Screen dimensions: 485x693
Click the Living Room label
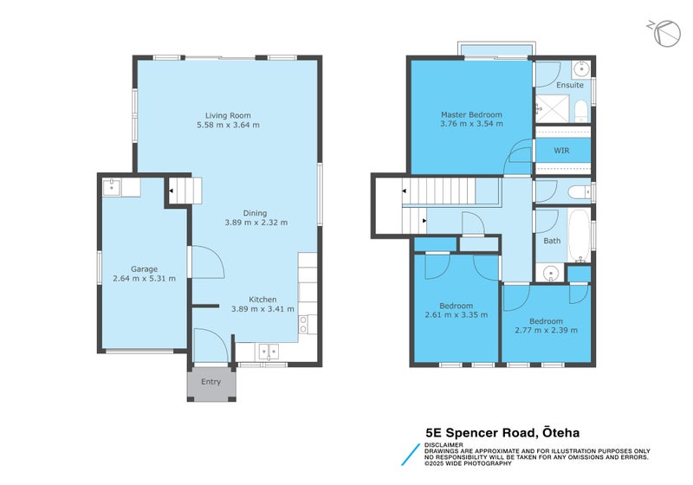[228, 115]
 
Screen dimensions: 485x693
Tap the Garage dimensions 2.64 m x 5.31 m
[144, 279]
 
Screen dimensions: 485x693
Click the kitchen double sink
[267, 352]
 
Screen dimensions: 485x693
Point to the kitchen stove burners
[304, 324]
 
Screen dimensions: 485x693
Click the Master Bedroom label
[470, 115]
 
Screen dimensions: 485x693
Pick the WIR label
[562, 150]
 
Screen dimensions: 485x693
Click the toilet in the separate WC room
[577, 191]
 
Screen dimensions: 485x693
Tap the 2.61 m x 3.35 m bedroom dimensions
[456, 315]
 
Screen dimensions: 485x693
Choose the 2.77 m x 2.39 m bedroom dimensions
[546, 330]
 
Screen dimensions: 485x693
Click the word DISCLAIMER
[443, 444]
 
